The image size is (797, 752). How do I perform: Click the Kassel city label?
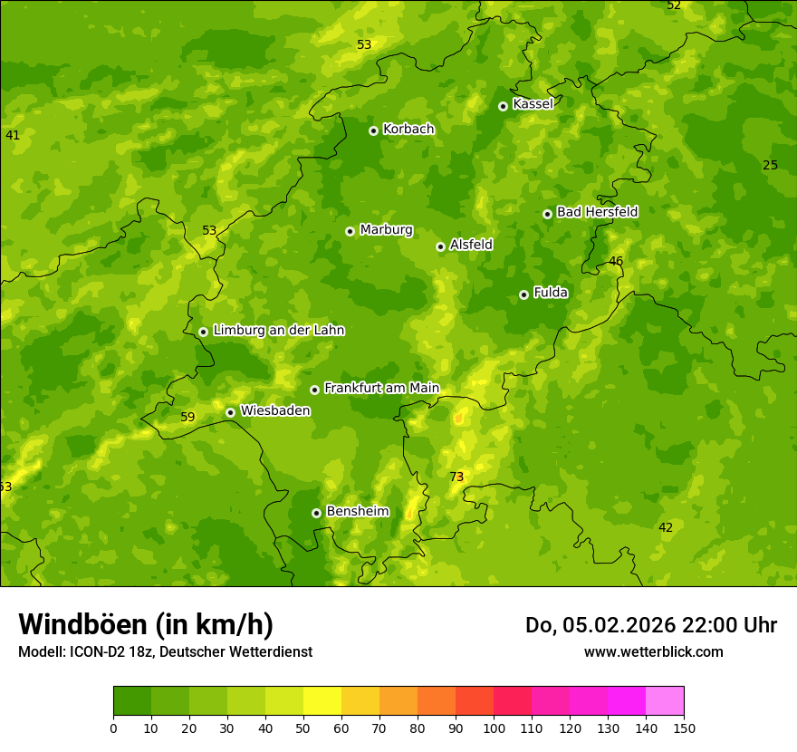point(533,104)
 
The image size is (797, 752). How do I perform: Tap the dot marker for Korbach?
point(373,130)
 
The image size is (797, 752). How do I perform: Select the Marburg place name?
point(386,230)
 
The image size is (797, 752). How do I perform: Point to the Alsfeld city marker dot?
point(440,246)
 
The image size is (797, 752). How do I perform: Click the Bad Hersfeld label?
point(597,212)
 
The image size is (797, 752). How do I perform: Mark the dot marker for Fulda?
point(523,294)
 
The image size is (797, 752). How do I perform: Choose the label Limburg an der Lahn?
point(278,331)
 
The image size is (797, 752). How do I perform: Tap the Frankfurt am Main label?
point(381,389)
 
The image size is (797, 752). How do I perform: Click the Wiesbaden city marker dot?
point(230,412)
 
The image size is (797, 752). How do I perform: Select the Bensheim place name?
point(357,512)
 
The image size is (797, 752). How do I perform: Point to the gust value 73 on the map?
point(456,477)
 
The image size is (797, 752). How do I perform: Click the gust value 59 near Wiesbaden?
point(187,418)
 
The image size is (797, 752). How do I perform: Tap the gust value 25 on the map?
point(770,166)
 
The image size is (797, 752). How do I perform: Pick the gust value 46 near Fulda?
point(616,262)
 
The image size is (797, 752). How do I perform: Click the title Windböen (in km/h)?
point(146,624)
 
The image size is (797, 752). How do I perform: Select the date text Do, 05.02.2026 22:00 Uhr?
point(650,625)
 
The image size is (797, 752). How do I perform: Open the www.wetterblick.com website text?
point(653,652)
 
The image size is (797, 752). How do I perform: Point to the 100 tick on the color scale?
point(494,728)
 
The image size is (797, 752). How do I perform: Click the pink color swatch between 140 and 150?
point(664,700)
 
